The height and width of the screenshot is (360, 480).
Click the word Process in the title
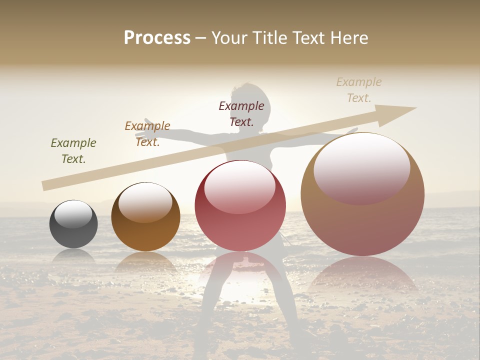click(x=157, y=37)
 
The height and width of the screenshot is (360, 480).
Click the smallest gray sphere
click(x=73, y=224)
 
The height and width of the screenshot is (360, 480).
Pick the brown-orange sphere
click(x=145, y=216)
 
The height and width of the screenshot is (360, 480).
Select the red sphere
click(x=240, y=205)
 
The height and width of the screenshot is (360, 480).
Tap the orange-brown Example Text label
click(x=147, y=134)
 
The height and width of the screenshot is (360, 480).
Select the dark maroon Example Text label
click(x=241, y=113)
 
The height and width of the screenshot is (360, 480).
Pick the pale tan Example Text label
click(x=359, y=89)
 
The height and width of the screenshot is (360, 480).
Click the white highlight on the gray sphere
click(x=73, y=214)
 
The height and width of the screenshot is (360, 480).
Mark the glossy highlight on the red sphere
click(x=239, y=187)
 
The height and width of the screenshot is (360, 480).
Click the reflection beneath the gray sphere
click(x=73, y=256)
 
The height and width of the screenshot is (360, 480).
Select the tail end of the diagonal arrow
click(x=45, y=185)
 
